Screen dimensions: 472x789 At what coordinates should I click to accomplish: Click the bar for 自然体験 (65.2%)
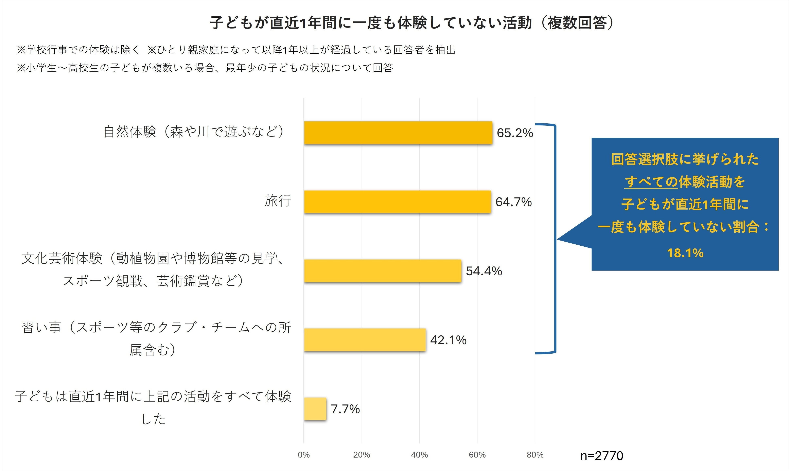pos(398,133)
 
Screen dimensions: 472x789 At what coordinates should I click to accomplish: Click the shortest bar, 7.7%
pos(315,409)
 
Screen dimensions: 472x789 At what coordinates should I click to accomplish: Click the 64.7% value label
pos(513,202)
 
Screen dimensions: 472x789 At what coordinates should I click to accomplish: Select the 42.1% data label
pos(448,340)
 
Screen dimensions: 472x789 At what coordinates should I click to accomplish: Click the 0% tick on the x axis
pos(304,455)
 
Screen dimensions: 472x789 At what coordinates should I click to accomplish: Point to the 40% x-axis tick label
pos(419,455)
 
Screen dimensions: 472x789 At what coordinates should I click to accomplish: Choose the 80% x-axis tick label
pos(535,455)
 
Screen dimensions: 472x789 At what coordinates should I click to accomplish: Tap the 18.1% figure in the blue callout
pos(685,253)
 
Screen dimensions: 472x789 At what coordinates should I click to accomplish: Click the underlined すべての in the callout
pos(651,182)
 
